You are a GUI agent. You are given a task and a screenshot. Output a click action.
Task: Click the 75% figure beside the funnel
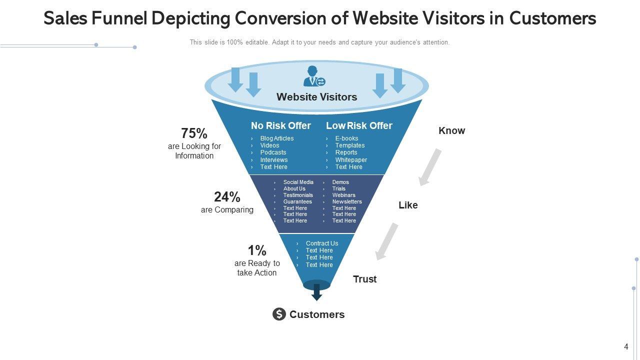pos(194,133)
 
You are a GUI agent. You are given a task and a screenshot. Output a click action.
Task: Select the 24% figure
pos(227,197)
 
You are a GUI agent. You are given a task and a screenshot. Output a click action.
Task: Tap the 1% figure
pos(257,250)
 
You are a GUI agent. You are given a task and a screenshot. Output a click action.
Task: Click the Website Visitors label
pos(316,97)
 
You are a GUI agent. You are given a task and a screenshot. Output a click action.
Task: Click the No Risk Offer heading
pos(281,125)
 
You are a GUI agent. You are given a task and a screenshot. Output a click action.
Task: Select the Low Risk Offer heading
pos(359,125)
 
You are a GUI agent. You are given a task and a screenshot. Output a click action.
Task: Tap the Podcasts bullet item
pos(273,152)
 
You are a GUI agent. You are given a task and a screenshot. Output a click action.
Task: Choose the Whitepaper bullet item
pos(351,160)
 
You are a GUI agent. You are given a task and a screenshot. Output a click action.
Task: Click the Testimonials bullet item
pos(298,195)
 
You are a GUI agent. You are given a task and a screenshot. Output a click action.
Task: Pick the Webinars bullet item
pos(343,195)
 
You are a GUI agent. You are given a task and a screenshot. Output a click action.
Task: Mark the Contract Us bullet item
pos(322,243)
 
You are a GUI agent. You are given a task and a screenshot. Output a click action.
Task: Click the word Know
pos(451,131)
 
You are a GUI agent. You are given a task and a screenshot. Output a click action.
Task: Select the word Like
pos(408,205)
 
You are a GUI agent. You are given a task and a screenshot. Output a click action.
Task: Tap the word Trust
pos(365,279)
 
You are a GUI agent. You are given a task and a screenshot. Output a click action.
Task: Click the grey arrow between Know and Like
pos(430,167)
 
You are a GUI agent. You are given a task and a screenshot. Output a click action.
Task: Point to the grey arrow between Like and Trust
pos(387,241)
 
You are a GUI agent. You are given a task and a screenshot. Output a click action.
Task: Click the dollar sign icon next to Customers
pos(279,314)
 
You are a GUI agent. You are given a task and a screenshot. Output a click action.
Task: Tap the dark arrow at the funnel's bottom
pos(316,292)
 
